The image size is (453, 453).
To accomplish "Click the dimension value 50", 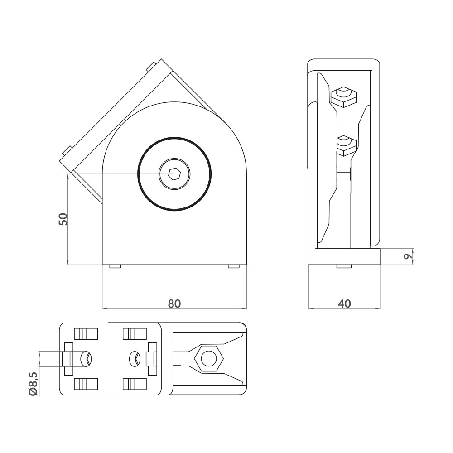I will [63, 219].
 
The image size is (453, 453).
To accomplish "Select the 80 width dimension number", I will [174, 304].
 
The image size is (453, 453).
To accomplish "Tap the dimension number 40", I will [344, 304].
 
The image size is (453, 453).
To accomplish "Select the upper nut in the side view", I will [343, 96].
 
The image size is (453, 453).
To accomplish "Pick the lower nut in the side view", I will [347, 145].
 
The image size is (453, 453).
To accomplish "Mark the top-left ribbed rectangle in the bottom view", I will [86, 334].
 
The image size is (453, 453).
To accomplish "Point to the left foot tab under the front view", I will [116, 266].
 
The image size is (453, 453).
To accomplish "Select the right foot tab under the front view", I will [233, 266].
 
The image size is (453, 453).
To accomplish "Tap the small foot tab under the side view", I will [344, 266].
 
